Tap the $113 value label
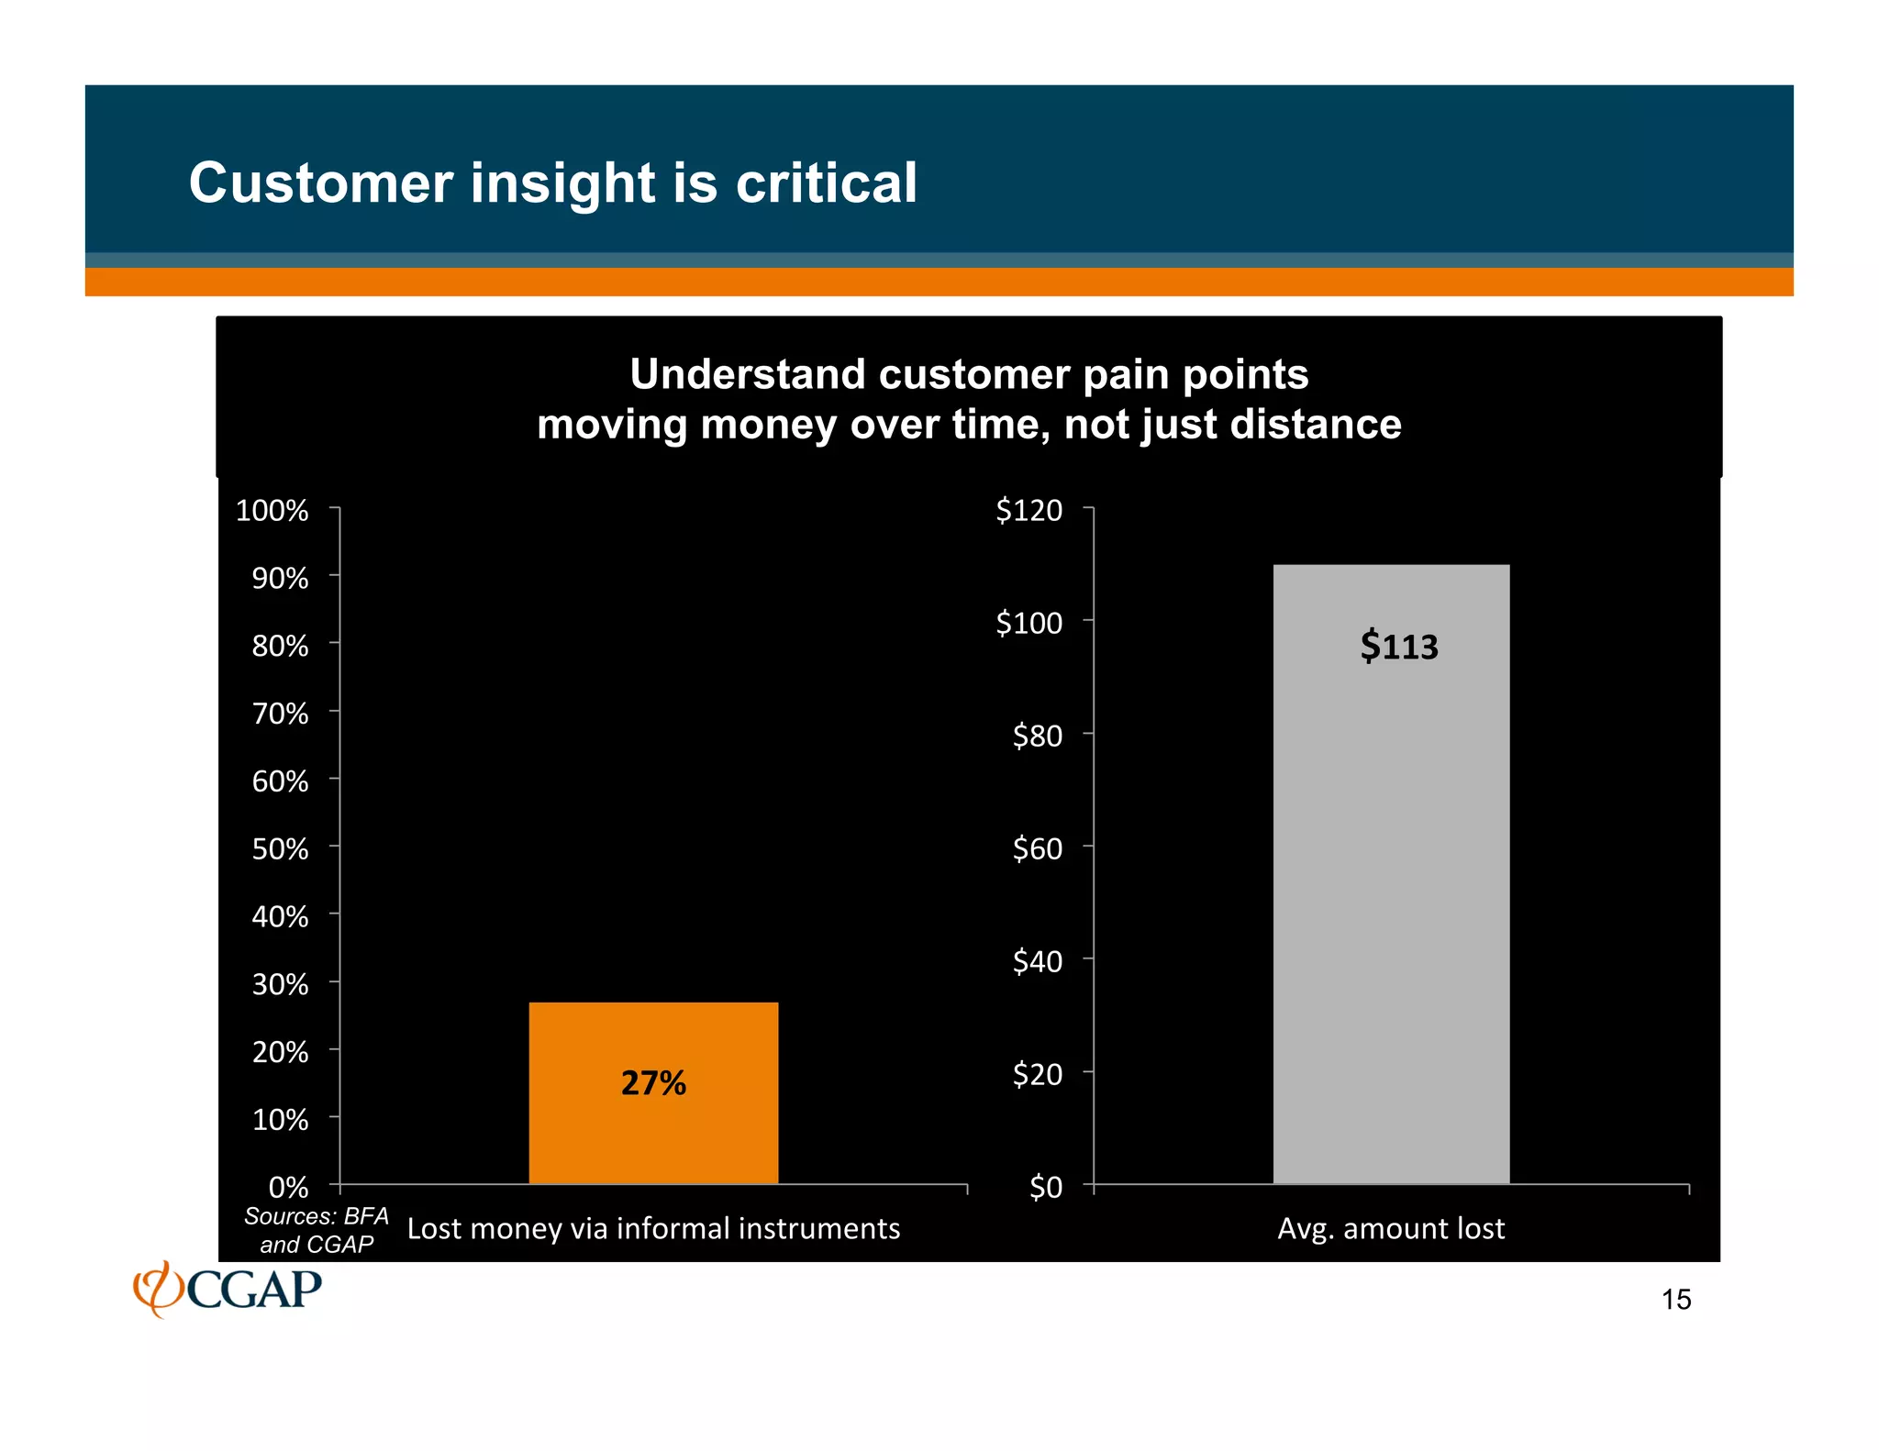(x=1398, y=647)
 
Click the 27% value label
(x=653, y=1083)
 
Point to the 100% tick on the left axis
(x=272, y=510)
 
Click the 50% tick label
(x=280, y=848)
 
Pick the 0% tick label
(x=288, y=1187)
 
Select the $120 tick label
(x=1028, y=510)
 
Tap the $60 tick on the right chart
(x=1037, y=848)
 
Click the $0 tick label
(x=1045, y=1187)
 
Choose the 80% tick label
(x=280, y=646)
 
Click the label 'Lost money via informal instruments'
(x=653, y=1228)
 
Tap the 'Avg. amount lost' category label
(x=1391, y=1228)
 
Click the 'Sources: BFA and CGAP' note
(x=317, y=1230)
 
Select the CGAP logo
(x=228, y=1289)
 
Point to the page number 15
(x=1676, y=1300)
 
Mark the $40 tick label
(x=1037, y=961)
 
